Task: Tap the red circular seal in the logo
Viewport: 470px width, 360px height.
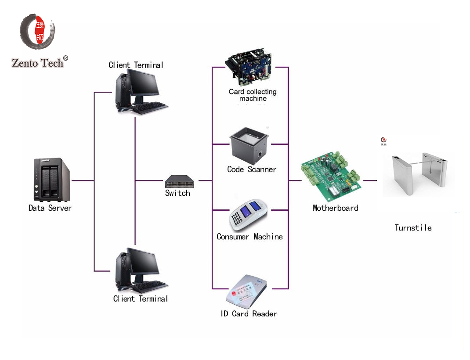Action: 38,31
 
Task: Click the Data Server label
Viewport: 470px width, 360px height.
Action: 50,208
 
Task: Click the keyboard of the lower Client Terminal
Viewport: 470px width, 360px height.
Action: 149,287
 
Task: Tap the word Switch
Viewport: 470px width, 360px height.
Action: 177,193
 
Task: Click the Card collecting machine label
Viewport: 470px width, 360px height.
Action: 253,95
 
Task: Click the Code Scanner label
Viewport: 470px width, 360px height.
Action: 252,169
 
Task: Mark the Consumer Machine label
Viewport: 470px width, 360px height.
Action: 249,237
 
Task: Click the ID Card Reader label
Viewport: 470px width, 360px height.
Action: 249,314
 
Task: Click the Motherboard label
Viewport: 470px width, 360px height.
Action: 335,208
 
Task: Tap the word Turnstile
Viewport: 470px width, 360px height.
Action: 413,228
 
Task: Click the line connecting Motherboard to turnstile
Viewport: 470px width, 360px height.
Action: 370,180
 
